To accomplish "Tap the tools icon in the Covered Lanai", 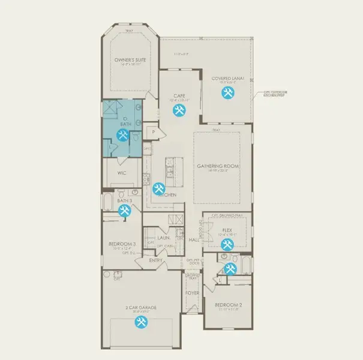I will pyautogui.click(x=227, y=92).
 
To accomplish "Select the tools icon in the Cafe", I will pyautogui.click(x=178, y=110).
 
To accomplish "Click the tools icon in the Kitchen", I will pyautogui.click(x=158, y=189).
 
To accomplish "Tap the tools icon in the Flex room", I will pyautogui.click(x=227, y=244).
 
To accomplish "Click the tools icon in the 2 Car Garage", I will pyautogui.click(x=142, y=323).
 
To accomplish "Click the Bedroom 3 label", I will pyautogui.click(x=122, y=244).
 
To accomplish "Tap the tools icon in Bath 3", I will pyautogui.click(x=124, y=211).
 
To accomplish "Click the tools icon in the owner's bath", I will pyautogui.click(x=124, y=135).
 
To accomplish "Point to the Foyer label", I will pyautogui.click(x=192, y=293).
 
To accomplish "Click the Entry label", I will pyautogui.click(x=156, y=260).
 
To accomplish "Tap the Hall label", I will pyautogui.click(x=194, y=240).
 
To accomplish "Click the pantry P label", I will pyautogui.click(x=154, y=131).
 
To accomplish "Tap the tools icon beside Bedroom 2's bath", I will pyautogui.click(x=230, y=268).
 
